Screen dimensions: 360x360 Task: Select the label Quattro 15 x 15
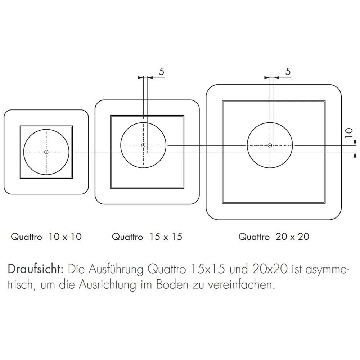point(147,237)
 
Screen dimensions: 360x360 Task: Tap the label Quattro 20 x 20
point(274,237)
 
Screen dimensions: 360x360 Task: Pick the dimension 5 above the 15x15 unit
point(162,71)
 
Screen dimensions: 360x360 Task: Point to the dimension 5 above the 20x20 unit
point(288,71)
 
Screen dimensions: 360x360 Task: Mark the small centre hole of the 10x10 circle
point(46,152)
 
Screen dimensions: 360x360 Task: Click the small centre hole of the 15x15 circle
point(143,145)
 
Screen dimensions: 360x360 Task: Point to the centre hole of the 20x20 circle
point(270,145)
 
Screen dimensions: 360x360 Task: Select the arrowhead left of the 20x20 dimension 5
point(267,77)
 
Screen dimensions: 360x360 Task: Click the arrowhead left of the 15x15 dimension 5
point(140,77)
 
